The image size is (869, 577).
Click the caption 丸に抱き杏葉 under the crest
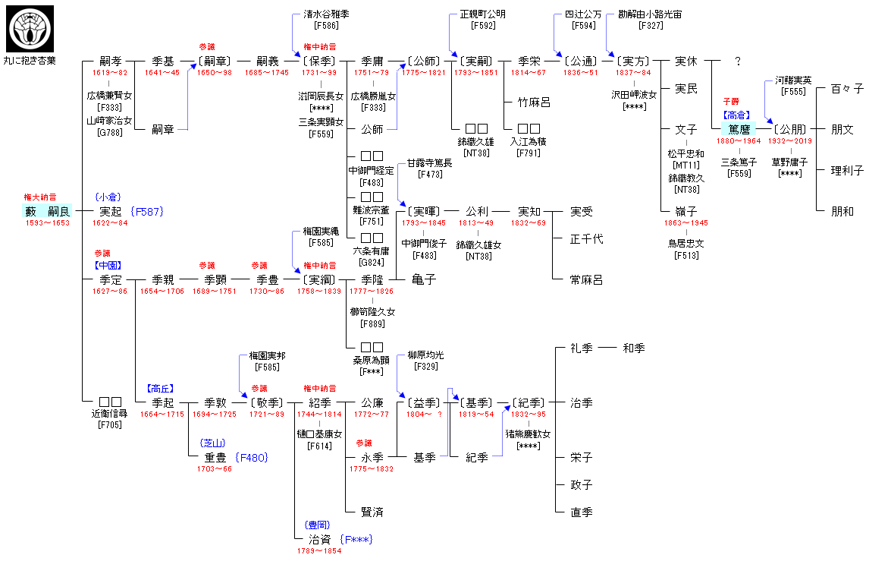pyautogui.click(x=30, y=60)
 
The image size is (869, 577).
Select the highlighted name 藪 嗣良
pyautogui.click(x=48, y=211)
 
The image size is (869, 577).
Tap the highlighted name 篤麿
pyautogui.click(x=739, y=129)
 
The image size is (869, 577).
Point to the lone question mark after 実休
pyautogui.click(x=737, y=61)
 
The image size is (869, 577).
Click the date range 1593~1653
pyautogui.click(x=47, y=222)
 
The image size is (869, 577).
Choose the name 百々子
pyautogui.click(x=847, y=89)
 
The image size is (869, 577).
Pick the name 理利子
pyautogui.click(x=847, y=171)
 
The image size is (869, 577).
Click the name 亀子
pyautogui.click(x=424, y=280)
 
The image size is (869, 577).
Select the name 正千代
pyautogui.click(x=587, y=239)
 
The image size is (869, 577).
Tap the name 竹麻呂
pyautogui.click(x=534, y=102)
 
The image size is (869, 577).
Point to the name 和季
pyautogui.click(x=634, y=348)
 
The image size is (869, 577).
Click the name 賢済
pyautogui.click(x=372, y=512)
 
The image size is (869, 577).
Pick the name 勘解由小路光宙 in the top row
pyautogui.click(x=650, y=14)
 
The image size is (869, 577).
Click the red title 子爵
pyautogui.click(x=730, y=102)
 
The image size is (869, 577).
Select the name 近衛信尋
pyautogui.click(x=111, y=414)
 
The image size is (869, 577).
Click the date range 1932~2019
pyautogui.click(x=790, y=140)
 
